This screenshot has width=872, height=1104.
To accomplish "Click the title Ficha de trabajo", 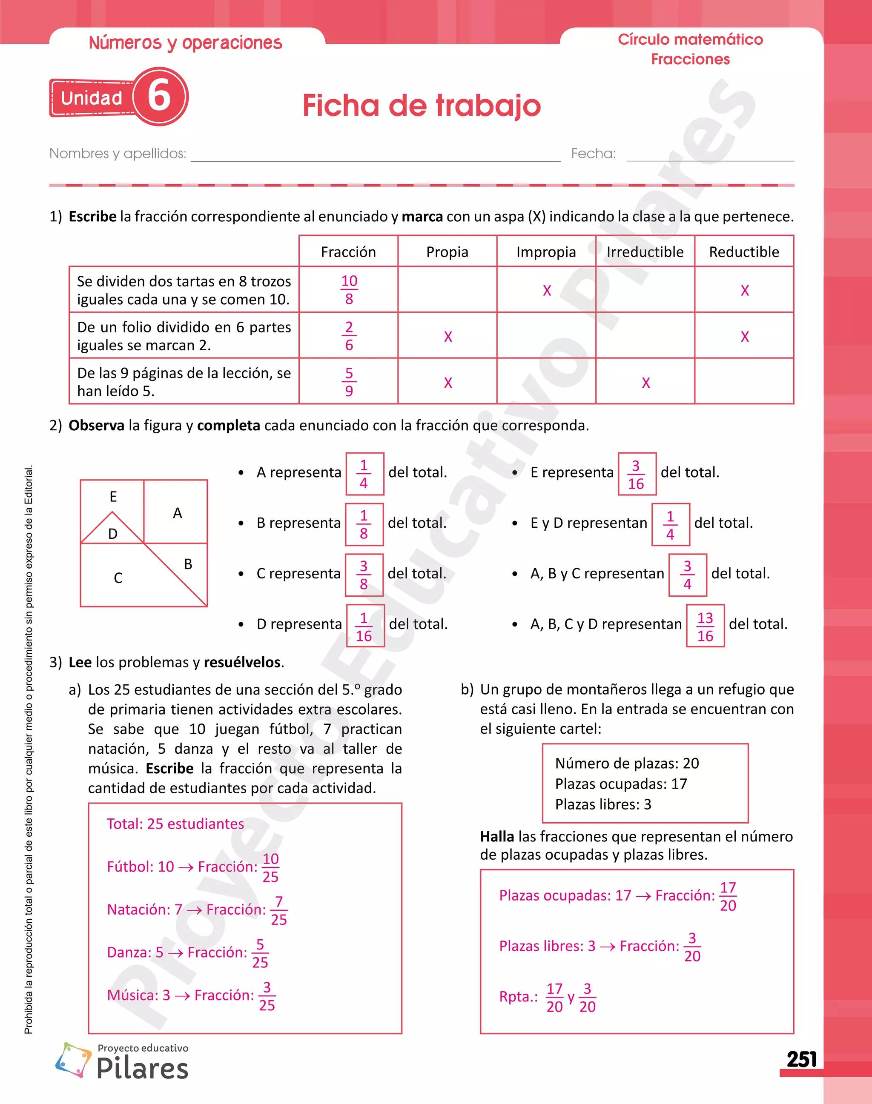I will point(421,106).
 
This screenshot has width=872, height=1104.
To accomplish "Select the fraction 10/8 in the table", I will point(349,289).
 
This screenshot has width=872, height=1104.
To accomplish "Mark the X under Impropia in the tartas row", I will point(547,290).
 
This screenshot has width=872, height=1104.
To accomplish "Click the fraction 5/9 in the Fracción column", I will point(349,381).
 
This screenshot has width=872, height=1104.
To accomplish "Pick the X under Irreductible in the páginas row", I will point(646,383).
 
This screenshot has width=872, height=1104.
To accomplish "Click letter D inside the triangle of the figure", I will point(113,534).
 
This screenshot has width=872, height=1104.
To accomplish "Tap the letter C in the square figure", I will point(118,578).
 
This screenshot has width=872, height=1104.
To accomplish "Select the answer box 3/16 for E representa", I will point(636,474).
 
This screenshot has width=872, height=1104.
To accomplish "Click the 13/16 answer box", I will point(705,626).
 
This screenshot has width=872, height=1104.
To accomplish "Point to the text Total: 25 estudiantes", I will point(175,823).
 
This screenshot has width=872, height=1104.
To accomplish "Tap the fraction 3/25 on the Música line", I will point(267,996).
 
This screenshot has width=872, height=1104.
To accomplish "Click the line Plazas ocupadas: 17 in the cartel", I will point(621,784).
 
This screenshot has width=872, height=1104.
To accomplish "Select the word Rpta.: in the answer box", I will point(518,997).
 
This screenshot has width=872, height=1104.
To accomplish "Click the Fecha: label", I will point(593,153).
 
